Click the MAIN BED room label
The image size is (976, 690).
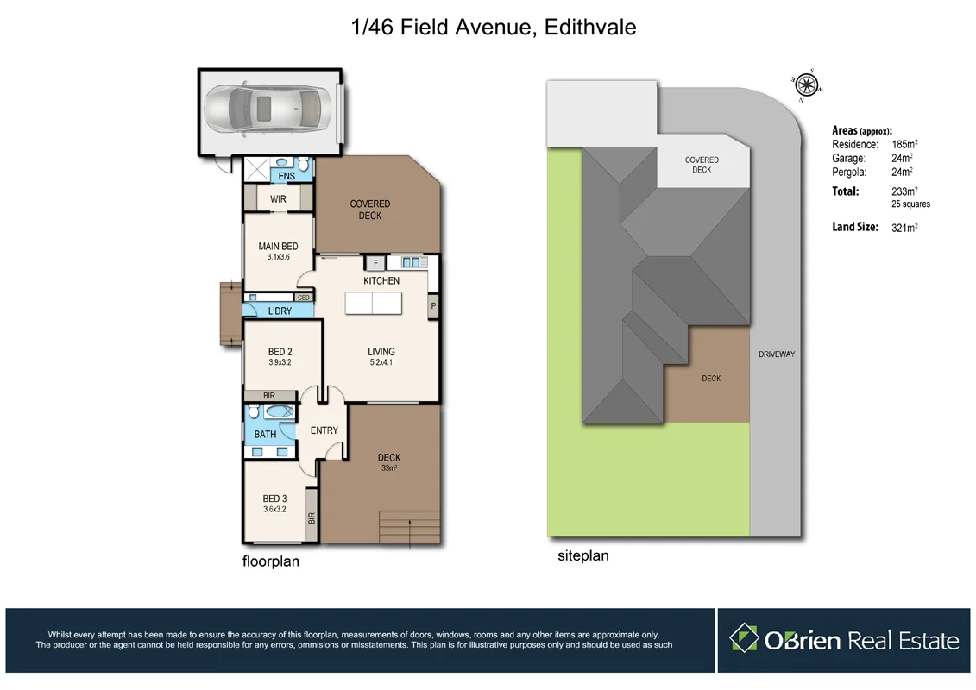(278, 247)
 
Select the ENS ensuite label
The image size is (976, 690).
(287, 176)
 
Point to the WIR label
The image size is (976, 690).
(278, 199)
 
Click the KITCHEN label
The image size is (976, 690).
(381, 281)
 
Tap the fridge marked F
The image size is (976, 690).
(375, 262)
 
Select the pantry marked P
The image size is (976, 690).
(432, 305)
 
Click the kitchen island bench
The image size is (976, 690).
(372, 304)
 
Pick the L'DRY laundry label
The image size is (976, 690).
(280, 310)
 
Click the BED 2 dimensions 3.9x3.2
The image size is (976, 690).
(280, 362)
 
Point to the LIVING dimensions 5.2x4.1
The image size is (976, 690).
(381, 362)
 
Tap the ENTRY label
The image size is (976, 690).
(324, 430)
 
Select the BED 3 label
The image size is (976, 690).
(275, 499)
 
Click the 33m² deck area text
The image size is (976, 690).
(388, 468)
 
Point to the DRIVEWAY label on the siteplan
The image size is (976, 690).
(777, 354)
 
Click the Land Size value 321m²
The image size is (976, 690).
(904, 228)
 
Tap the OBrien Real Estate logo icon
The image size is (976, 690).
(743, 639)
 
